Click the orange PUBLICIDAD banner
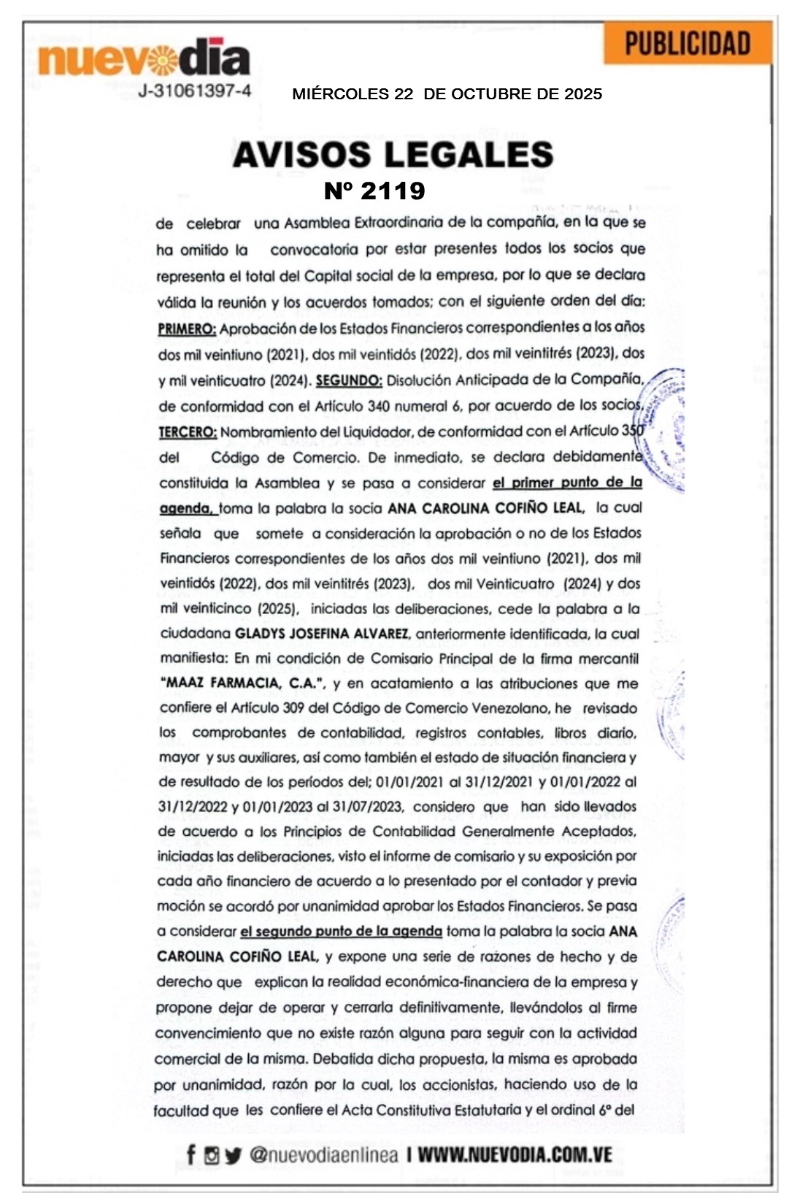pos(688,44)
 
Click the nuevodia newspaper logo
pos(144,58)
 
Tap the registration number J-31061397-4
pos(195,91)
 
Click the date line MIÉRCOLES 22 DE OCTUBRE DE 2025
pos(447,94)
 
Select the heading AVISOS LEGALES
pos(393,155)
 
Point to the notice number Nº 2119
pos(374,191)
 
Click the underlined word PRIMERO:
pos(187,329)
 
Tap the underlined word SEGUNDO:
pos(349,380)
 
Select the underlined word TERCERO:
pos(188,431)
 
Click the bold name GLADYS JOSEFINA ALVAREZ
pos(321,633)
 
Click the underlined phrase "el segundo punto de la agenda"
pos(341,931)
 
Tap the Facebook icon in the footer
pos(191,1154)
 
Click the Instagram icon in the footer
pos(212,1155)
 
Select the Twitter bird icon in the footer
pos(233,1155)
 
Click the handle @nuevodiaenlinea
pos(324,1154)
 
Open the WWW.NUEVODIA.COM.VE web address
pos(515,1154)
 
